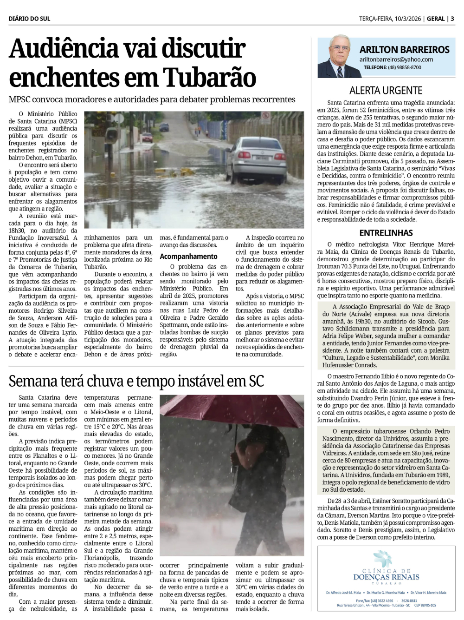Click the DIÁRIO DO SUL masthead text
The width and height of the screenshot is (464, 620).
click(29, 19)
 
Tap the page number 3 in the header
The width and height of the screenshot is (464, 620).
click(452, 19)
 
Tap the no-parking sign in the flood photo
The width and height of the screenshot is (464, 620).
click(266, 116)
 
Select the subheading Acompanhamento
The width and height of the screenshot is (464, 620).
click(188, 256)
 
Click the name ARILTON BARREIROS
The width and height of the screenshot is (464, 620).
click(404, 49)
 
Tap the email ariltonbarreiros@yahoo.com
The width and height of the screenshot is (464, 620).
click(396, 59)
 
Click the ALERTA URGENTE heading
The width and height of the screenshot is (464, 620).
click(386, 90)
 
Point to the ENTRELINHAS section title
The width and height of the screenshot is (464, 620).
click(386, 233)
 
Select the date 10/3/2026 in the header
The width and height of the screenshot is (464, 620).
click(407, 19)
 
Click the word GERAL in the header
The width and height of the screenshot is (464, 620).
click(436, 19)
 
